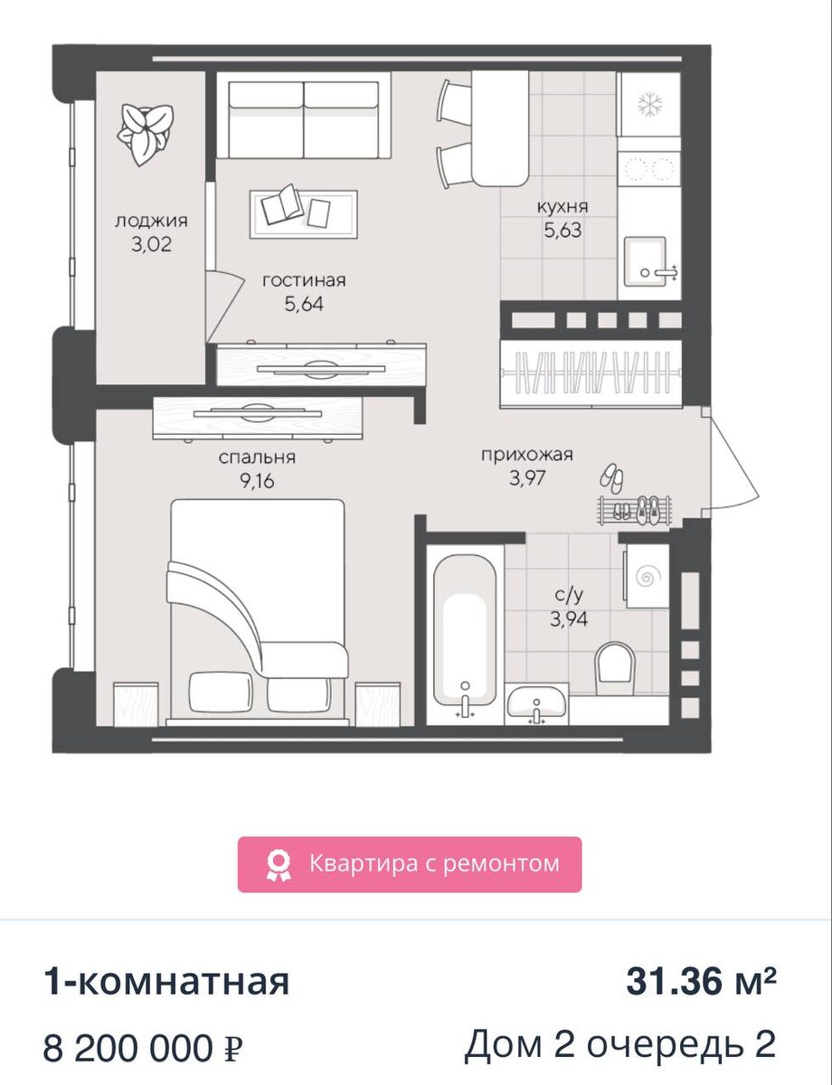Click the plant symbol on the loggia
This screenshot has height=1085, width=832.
pyautogui.click(x=145, y=134)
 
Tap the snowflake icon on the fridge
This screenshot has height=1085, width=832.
pyautogui.click(x=649, y=106)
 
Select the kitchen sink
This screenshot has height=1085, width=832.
pyautogui.click(x=645, y=261)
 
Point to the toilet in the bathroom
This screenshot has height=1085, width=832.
pyautogui.click(x=615, y=668)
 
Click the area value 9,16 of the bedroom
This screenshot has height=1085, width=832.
pyautogui.click(x=257, y=480)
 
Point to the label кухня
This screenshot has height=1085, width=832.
pyautogui.click(x=563, y=206)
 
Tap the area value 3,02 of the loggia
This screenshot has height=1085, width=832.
pyautogui.click(x=151, y=244)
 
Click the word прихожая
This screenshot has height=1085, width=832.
pyautogui.click(x=527, y=455)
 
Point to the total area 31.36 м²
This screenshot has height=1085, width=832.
pyautogui.click(x=701, y=982)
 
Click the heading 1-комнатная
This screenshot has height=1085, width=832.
pyautogui.click(x=166, y=982)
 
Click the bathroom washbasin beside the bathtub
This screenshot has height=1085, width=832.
pyautogui.click(x=537, y=703)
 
